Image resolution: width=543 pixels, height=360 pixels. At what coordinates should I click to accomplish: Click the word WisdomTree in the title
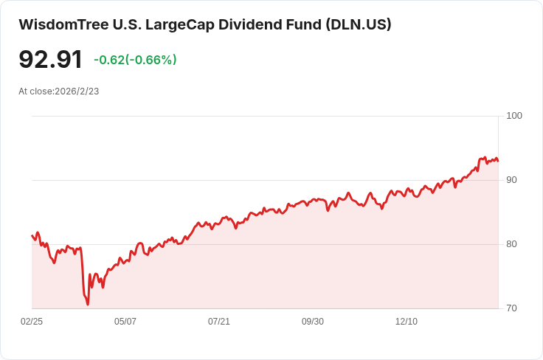[x=62, y=24]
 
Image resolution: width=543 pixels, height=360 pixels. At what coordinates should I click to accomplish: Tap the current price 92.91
[x=50, y=60]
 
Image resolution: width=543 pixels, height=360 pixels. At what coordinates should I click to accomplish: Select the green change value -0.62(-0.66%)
[x=135, y=60]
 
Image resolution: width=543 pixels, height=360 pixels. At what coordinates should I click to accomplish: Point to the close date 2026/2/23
[x=77, y=91]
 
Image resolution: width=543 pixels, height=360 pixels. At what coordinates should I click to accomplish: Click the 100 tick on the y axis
[x=514, y=116]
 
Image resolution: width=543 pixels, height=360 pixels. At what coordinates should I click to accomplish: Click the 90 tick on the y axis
[x=511, y=180]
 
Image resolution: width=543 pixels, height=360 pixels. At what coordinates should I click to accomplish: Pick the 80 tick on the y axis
[x=511, y=244]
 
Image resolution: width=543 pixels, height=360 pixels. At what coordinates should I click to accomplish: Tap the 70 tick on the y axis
[x=511, y=308]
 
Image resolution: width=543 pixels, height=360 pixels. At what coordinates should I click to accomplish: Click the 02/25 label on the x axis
[x=32, y=322]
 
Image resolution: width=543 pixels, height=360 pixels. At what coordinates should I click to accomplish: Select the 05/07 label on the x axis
[x=125, y=322]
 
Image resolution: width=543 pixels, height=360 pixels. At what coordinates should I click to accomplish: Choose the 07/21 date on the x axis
[x=219, y=322]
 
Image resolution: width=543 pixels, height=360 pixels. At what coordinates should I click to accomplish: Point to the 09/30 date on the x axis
[x=313, y=322]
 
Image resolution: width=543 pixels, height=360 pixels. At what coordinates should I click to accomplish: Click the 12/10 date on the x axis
[x=407, y=322]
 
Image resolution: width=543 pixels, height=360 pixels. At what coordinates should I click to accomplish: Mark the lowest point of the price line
[x=88, y=304]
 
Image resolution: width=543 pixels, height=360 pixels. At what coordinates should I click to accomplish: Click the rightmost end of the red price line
[x=498, y=161]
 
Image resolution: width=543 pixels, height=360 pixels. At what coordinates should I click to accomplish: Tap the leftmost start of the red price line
[x=32, y=235]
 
